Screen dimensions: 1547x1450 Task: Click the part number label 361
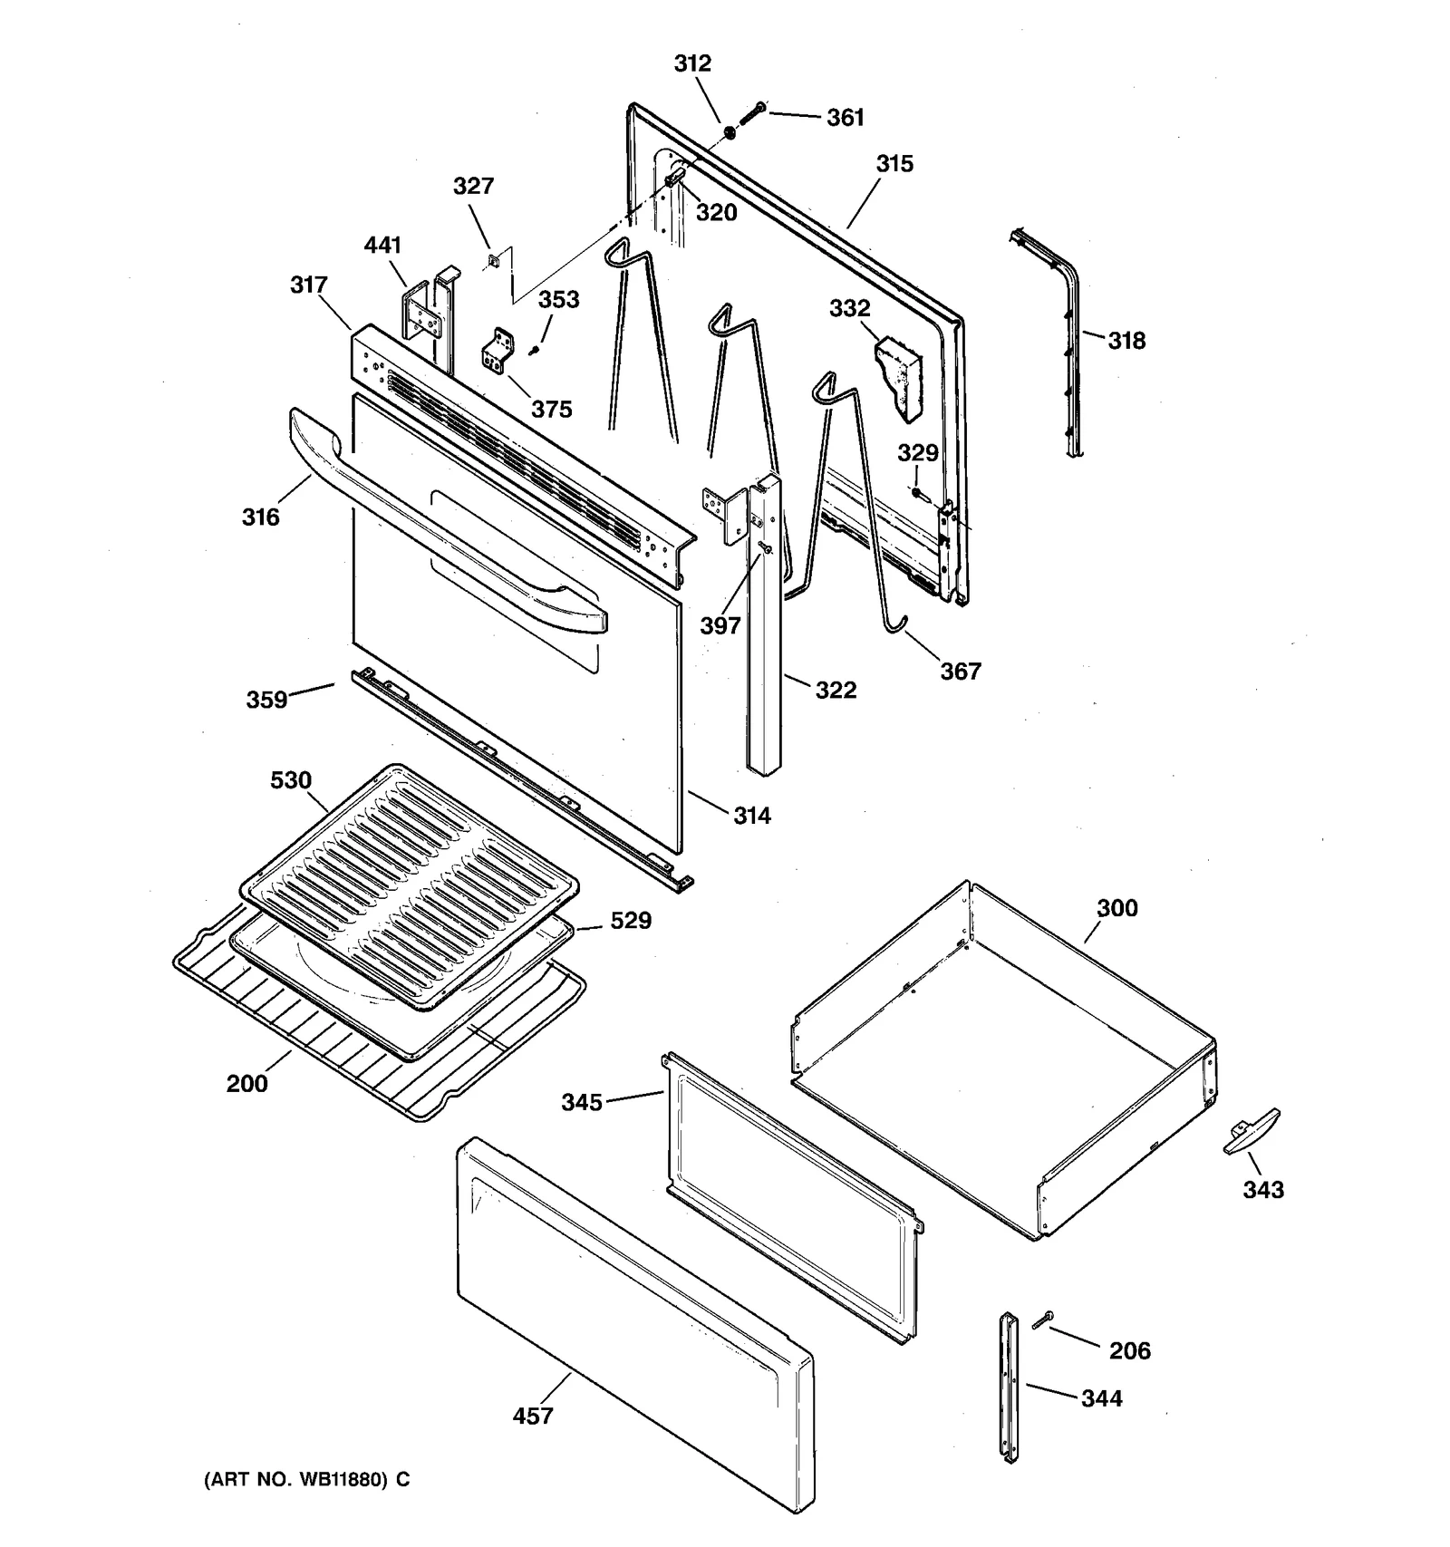pos(845,118)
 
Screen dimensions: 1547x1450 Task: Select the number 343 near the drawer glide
pos(1262,1189)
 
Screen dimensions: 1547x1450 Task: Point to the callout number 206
pos(1129,1351)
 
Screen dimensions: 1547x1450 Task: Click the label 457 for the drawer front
pos(532,1416)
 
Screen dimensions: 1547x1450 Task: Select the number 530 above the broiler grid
pos(290,780)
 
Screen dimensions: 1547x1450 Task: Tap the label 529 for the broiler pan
pos(630,921)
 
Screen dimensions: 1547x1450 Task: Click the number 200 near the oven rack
pos(246,1084)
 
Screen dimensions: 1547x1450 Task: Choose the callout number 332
pos(849,308)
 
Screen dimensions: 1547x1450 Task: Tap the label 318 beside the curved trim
pos(1126,341)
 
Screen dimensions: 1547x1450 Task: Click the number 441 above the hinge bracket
pos(382,246)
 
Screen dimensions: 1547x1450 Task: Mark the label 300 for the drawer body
pos(1116,908)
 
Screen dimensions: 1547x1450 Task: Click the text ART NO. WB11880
pos(306,1480)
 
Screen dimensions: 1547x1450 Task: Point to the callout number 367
pos(960,672)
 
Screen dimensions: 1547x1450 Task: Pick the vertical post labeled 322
pos(763,634)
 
